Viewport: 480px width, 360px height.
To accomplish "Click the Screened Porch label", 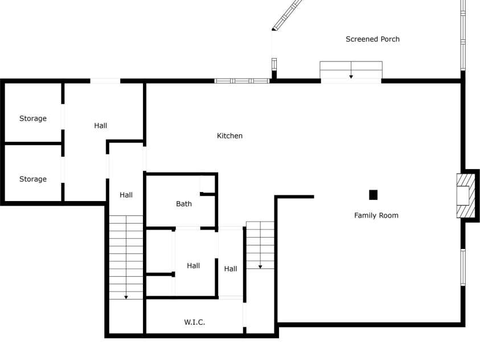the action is coord(372,39).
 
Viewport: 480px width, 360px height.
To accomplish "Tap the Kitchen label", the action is coord(229,136).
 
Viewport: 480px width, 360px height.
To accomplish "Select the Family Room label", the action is coord(376,215).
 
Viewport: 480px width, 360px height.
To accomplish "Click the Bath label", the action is coord(184,204).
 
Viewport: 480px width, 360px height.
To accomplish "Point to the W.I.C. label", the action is coord(194,322).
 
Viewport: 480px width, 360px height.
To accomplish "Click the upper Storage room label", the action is coord(33,118).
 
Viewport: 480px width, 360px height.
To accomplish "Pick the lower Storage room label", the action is coord(33,179).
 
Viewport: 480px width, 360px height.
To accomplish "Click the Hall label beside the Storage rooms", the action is coord(100,125).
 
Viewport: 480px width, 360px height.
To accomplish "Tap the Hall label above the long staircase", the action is coord(126,195).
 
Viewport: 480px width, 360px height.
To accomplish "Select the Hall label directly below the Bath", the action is coord(193,265).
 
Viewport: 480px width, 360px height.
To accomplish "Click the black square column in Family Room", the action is coord(373,195).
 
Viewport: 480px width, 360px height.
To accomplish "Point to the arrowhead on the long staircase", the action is coord(126,297).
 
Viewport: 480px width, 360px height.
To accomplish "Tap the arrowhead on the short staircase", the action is coord(260,267).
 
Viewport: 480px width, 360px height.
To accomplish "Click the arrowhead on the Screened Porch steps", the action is coord(351,76).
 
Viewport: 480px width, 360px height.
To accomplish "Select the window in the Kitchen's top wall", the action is coord(242,81).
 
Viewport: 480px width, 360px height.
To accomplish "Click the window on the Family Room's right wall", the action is coord(463,267).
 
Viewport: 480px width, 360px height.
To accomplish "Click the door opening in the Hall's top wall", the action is coord(105,81).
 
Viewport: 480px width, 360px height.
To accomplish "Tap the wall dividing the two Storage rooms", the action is coord(33,144).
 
